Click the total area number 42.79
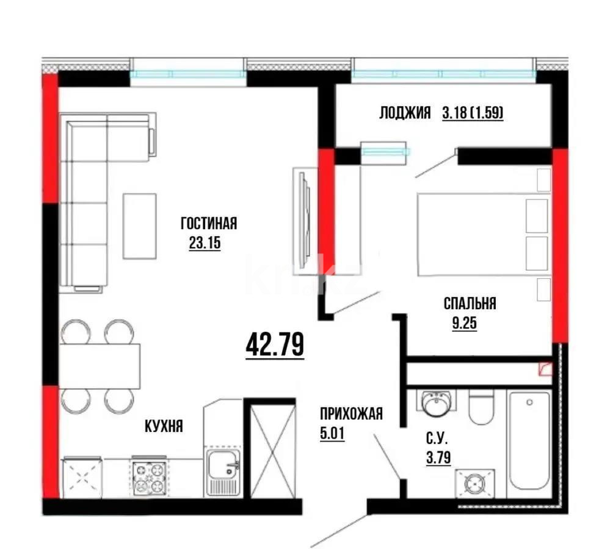275,345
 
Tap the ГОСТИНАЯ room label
209,224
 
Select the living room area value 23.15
205,243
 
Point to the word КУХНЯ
164,426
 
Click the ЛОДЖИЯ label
405,113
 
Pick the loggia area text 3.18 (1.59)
473,113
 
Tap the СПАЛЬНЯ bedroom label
470,303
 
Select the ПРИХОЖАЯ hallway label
352,414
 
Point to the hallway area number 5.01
332,433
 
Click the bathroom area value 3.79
438,457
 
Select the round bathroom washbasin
437,403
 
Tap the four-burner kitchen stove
149,477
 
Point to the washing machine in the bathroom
474,483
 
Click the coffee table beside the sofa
140,226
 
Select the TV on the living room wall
305,221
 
